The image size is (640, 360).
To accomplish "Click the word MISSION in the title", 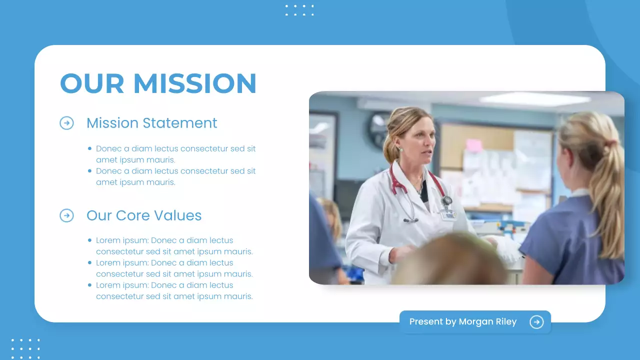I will tap(195, 83).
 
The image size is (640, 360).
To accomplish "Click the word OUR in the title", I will tap(92, 83).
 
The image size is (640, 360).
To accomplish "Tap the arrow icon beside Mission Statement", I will tap(66, 123).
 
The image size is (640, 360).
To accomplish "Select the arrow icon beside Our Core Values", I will tap(66, 215).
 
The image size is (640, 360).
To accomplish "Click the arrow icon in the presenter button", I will tap(536, 322).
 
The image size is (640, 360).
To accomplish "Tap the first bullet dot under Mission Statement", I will tap(89, 148).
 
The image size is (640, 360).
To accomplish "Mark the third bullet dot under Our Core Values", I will tap(89, 285).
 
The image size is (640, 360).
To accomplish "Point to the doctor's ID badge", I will tap(448, 214).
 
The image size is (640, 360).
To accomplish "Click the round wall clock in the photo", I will tap(379, 129).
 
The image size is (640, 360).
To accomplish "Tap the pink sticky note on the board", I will tap(473, 145).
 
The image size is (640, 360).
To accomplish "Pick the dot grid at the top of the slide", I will tap(299, 10).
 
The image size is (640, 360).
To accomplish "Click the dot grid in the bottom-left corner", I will tap(25, 348).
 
